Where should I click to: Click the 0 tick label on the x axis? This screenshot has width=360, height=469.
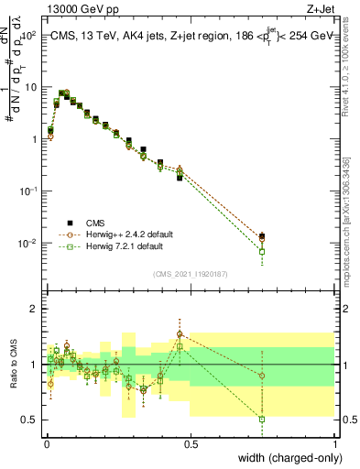click(x=47, y=443)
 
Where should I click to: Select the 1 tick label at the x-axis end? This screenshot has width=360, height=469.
click(x=335, y=443)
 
